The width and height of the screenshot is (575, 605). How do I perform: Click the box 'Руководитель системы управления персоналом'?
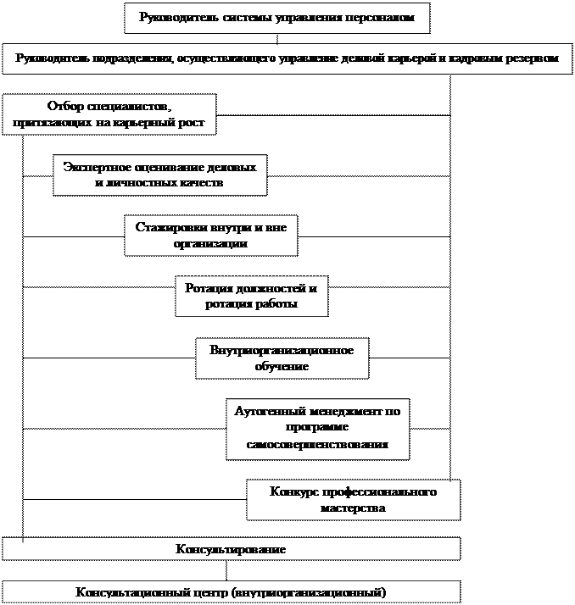(x=276, y=18)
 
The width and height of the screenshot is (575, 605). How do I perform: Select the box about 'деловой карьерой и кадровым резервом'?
(x=287, y=58)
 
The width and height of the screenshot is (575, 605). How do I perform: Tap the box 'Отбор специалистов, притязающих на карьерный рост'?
(x=109, y=114)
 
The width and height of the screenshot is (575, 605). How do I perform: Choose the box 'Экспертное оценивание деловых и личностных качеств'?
(x=159, y=175)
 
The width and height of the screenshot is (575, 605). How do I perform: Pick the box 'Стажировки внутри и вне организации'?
(x=210, y=235)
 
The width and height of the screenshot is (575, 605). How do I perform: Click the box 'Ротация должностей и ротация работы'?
(x=251, y=296)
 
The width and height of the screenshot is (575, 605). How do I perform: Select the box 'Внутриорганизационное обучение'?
(x=282, y=358)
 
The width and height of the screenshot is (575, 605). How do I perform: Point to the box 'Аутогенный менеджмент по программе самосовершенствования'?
(x=317, y=428)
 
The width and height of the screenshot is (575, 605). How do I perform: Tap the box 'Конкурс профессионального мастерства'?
(x=353, y=500)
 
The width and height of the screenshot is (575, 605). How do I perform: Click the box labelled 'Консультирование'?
(x=231, y=549)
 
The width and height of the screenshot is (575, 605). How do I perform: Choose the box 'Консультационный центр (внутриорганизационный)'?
(x=231, y=591)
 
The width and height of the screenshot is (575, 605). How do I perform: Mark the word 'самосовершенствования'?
(x=318, y=444)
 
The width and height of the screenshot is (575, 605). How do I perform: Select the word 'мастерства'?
(x=354, y=508)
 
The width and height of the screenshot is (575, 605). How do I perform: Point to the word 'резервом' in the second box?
(x=532, y=58)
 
